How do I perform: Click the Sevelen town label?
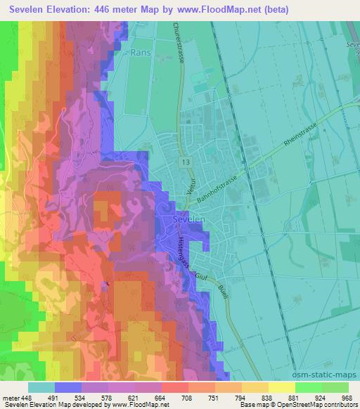pyautogui.click(x=187, y=219)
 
